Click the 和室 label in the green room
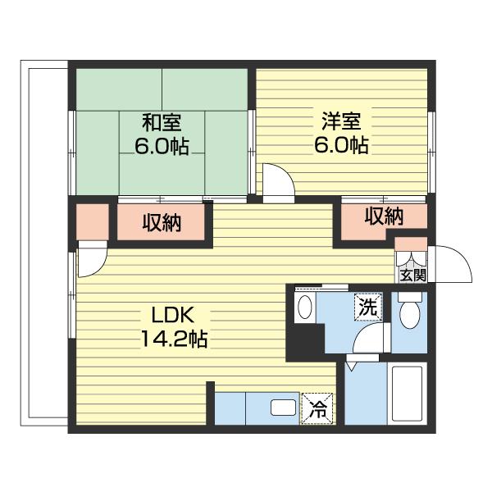click(162, 123)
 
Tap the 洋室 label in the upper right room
click(341, 121)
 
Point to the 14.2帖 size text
click(174, 339)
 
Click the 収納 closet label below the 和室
click(162, 223)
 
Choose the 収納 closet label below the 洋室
click(384, 216)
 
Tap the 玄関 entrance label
click(412, 276)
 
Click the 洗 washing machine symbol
click(368, 307)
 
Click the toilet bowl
click(409, 314)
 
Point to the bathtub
click(407, 394)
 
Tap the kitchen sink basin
click(284, 408)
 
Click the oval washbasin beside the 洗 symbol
click(304, 307)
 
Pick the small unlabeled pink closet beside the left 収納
click(93, 221)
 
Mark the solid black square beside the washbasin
click(305, 341)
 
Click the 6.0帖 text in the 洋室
click(341, 144)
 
